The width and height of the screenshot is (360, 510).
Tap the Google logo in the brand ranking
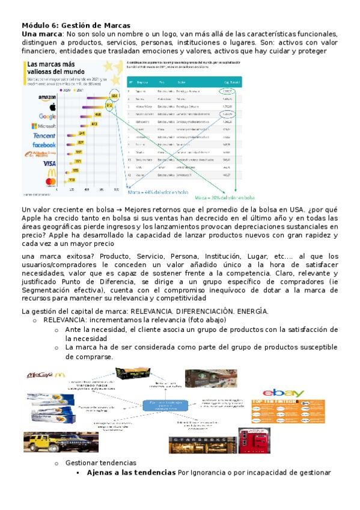47,116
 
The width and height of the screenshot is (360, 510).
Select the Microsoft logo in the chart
43,126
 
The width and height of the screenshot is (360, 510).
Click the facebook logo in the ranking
44,145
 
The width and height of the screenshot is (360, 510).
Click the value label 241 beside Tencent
82,133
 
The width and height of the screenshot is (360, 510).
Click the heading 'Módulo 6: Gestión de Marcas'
75,26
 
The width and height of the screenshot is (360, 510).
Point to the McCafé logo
45,375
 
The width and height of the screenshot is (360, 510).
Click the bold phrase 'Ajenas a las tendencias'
132,473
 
